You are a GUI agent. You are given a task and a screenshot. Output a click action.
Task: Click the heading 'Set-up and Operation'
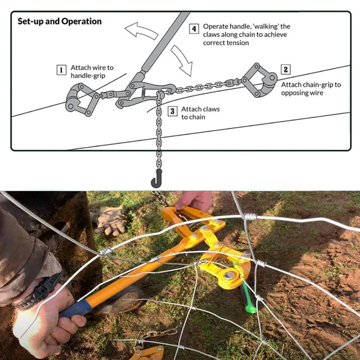[x=59, y=22]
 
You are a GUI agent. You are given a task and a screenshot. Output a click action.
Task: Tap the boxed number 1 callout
[x=61, y=70]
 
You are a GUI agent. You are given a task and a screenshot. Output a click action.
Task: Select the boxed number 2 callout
[x=285, y=70]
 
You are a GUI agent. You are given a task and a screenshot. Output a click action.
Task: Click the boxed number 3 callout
[x=173, y=111]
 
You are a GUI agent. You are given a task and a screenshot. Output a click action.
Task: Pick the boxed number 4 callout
[x=194, y=29]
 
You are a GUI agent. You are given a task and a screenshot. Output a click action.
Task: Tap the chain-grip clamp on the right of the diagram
[x=259, y=80]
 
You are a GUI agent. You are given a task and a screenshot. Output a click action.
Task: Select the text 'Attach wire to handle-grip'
[x=92, y=72]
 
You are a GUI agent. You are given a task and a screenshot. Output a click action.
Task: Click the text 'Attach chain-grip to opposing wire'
[x=311, y=88]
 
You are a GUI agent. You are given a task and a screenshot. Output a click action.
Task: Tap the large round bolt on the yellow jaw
[x=229, y=275]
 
